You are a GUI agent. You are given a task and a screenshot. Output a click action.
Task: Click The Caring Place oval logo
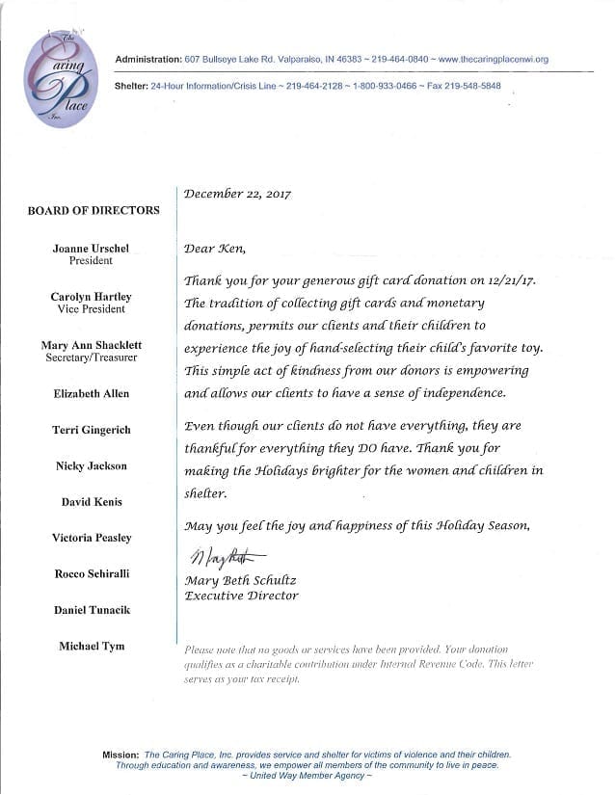[x=61, y=76]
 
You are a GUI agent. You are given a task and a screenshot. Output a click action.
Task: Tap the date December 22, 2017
[x=237, y=194]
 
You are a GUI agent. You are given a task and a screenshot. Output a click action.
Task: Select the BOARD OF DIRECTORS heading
[x=94, y=210]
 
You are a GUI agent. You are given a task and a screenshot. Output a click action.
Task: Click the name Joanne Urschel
[x=91, y=248]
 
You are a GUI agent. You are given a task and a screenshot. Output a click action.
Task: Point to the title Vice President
[x=91, y=309]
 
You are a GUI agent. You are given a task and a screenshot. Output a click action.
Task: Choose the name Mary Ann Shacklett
[x=91, y=345]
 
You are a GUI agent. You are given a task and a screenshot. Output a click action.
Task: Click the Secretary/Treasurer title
[x=91, y=358]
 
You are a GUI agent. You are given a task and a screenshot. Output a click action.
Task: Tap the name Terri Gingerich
[x=91, y=430]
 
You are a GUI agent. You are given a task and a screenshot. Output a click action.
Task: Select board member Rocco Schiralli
[x=91, y=573]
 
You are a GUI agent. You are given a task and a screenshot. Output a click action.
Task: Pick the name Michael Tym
[x=91, y=645]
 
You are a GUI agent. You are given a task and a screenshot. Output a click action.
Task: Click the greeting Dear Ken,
[x=215, y=249]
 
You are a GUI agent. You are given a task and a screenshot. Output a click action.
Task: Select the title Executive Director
[x=241, y=596]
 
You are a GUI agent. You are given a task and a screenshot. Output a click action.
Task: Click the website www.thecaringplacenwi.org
[x=493, y=60]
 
